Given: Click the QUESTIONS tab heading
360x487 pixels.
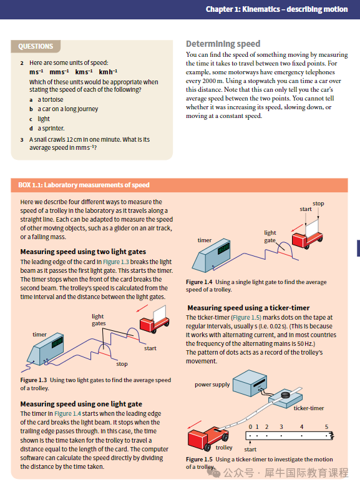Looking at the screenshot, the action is (x=36, y=46).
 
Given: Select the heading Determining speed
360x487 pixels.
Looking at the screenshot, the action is (x=223, y=44).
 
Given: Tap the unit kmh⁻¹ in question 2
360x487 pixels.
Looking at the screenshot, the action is (x=108, y=72).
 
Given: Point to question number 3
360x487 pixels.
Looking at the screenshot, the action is (x=22, y=140).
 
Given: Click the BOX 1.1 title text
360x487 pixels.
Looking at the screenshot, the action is (x=84, y=185).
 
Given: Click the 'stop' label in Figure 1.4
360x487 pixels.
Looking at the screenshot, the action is (x=318, y=204).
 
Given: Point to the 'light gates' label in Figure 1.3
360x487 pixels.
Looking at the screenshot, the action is (x=99, y=320).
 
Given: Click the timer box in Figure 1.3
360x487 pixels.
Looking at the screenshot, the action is (x=46, y=349).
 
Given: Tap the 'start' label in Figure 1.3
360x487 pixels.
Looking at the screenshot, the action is (x=150, y=348).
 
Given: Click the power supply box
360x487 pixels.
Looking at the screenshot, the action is (x=250, y=383).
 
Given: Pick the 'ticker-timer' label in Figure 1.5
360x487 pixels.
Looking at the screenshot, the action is (x=309, y=408).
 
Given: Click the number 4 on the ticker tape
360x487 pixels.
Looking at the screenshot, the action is (x=301, y=426).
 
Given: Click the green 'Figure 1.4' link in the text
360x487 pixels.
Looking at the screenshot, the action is (x=67, y=414).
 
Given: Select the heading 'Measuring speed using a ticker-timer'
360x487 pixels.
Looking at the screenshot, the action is (x=248, y=308).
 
